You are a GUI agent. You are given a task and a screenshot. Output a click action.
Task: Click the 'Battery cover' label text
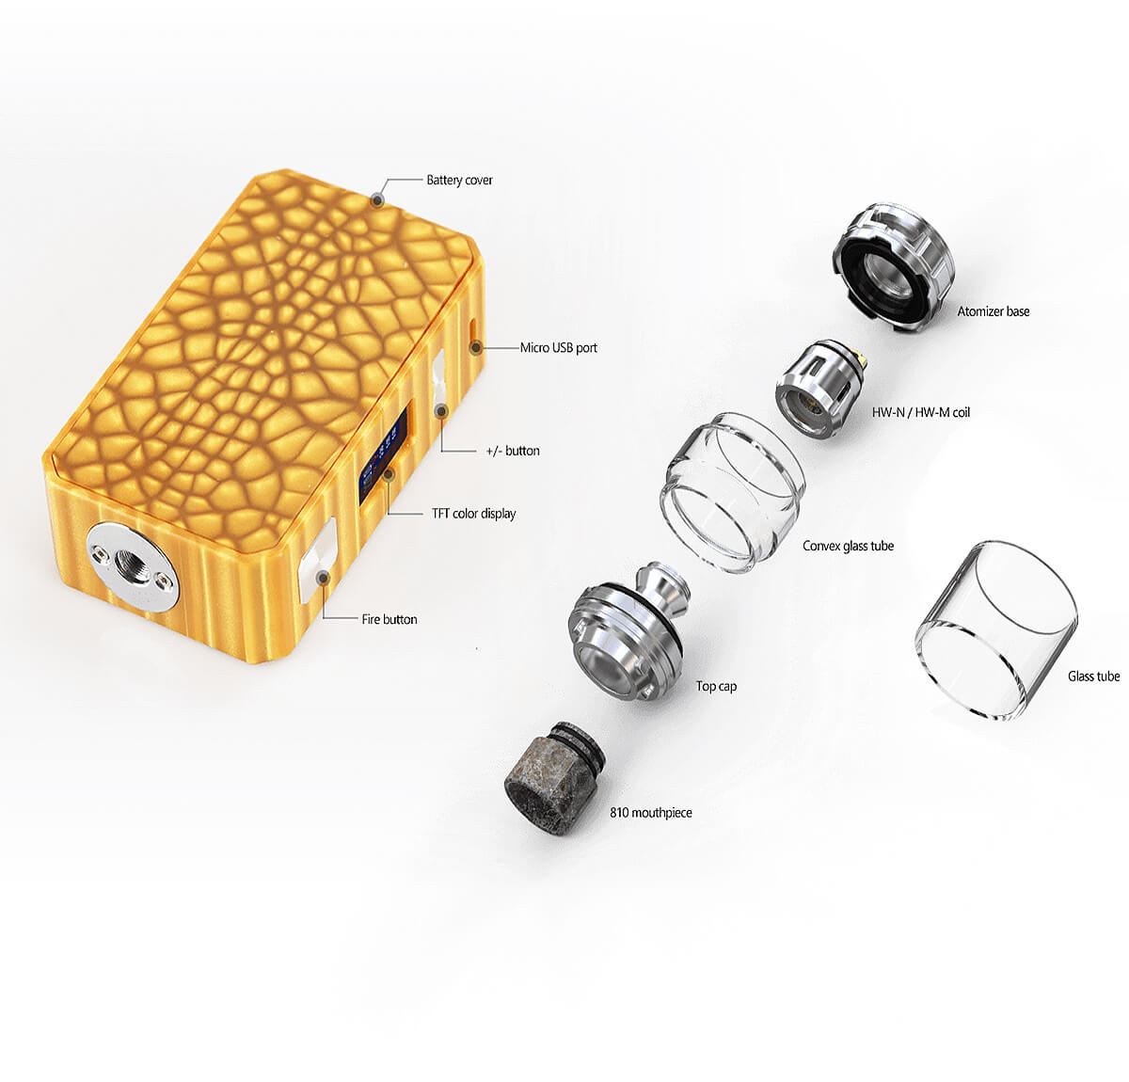click(459, 180)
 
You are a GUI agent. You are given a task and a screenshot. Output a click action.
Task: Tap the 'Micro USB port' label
click(558, 347)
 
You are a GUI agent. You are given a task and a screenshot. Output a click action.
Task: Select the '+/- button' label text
click(513, 451)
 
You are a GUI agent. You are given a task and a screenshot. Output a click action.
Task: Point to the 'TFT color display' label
click(473, 514)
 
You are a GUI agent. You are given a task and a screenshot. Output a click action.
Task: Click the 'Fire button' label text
click(390, 619)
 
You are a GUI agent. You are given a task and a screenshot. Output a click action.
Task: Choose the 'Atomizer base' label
click(994, 311)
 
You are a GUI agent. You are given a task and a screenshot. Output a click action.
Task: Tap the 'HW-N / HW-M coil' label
click(921, 412)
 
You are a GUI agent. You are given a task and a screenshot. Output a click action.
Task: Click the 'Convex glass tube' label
click(849, 546)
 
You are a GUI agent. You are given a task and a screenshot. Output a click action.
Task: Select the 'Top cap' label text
click(716, 686)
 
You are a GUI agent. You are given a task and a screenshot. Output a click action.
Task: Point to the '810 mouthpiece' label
click(650, 813)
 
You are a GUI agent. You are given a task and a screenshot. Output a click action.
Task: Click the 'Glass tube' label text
click(1093, 676)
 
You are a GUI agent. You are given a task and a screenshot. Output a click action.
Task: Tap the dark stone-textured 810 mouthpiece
click(554, 777)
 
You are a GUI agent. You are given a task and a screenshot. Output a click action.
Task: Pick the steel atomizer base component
click(894, 267)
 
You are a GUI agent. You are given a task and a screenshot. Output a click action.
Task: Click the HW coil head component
click(820, 389)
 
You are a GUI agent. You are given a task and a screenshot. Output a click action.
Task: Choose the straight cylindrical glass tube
click(996, 630)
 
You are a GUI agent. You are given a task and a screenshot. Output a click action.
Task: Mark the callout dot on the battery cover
click(377, 200)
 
